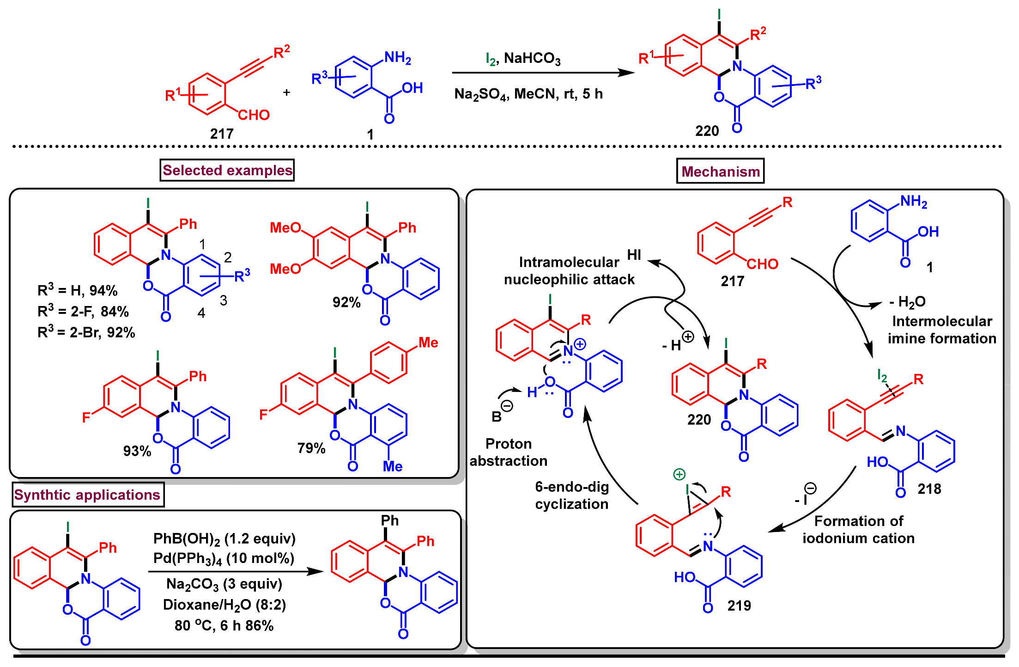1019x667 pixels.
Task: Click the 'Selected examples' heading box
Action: click(x=227, y=170)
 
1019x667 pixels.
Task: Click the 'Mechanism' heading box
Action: click(x=720, y=171)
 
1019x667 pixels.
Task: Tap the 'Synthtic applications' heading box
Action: click(x=87, y=495)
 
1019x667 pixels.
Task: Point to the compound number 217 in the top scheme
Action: click(x=222, y=134)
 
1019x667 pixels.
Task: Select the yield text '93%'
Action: click(x=137, y=451)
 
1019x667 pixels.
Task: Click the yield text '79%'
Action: click(x=311, y=448)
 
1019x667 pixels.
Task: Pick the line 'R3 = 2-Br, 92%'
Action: click(x=86, y=332)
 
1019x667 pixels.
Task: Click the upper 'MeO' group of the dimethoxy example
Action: click(x=285, y=227)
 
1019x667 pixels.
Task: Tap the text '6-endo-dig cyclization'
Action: click(x=571, y=495)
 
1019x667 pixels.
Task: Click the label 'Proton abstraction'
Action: click(x=508, y=452)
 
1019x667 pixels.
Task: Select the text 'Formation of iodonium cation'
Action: click(x=858, y=529)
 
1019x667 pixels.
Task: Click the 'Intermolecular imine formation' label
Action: click(x=941, y=330)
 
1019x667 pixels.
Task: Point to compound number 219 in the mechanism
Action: click(x=739, y=606)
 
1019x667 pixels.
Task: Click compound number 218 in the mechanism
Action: click(x=929, y=489)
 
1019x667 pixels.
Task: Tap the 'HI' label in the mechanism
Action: click(x=634, y=255)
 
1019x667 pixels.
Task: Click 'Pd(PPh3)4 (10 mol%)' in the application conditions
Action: click(x=224, y=558)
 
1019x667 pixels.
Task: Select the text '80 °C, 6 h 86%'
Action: click(x=224, y=625)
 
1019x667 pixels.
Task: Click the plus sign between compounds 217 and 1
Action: click(x=286, y=92)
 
